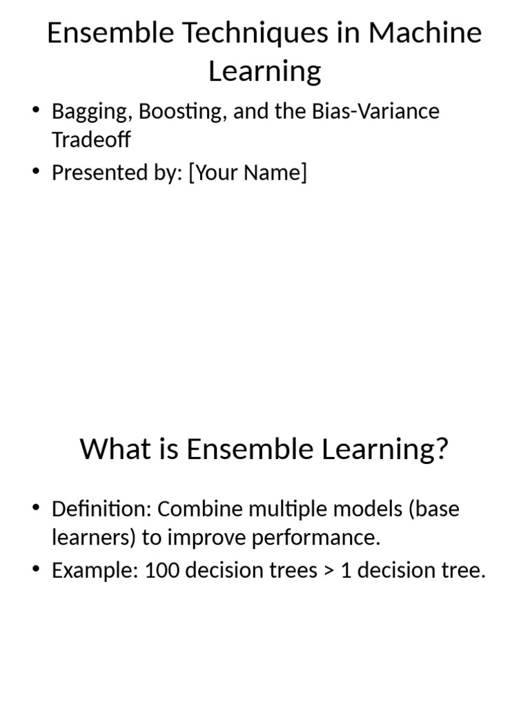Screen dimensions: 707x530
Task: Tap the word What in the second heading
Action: pyautogui.click(x=110, y=449)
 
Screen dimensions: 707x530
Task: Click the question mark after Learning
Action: pyautogui.click(x=440, y=449)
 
